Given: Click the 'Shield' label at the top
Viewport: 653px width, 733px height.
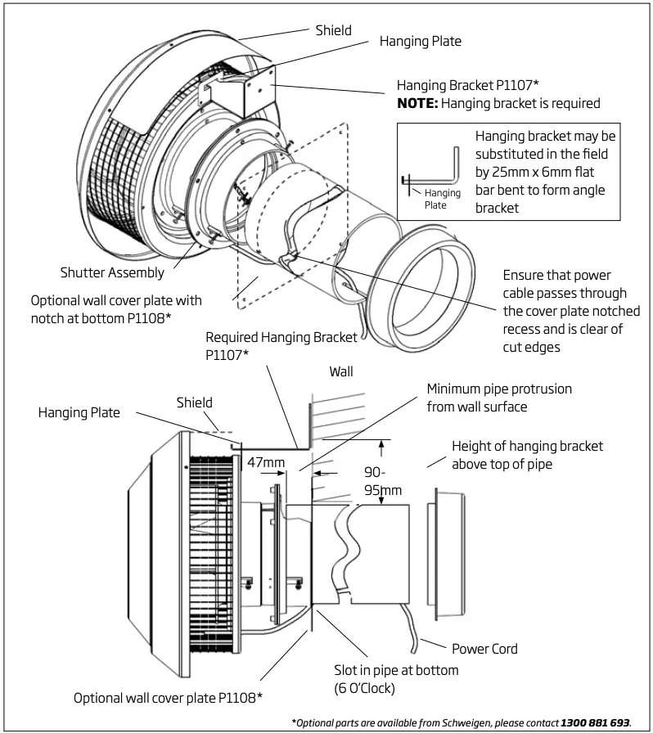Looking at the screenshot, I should pyautogui.click(x=334, y=30).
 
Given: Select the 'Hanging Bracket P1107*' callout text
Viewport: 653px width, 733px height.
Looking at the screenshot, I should pyautogui.click(x=467, y=85).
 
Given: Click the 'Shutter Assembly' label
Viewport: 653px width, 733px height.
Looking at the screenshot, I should pyautogui.click(x=112, y=272).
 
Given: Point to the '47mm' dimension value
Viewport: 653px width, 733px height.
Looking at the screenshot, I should pyautogui.click(x=265, y=463).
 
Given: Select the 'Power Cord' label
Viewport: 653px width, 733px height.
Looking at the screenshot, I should pyautogui.click(x=484, y=649).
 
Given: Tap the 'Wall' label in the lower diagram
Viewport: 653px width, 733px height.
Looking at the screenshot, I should pyautogui.click(x=340, y=371).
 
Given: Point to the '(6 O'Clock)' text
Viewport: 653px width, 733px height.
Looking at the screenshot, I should pyautogui.click(x=364, y=688).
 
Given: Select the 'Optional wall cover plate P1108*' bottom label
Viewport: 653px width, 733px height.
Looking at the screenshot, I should pyautogui.click(x=168, y=698).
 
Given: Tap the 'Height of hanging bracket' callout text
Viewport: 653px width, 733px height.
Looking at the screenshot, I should pyautogui.click(x=527, y=446).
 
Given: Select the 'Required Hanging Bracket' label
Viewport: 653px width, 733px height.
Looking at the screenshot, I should pyautogui.click(x=281, y=337).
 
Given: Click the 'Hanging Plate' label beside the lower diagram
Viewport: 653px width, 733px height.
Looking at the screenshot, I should pyautogui.click(x=79, y=413).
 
